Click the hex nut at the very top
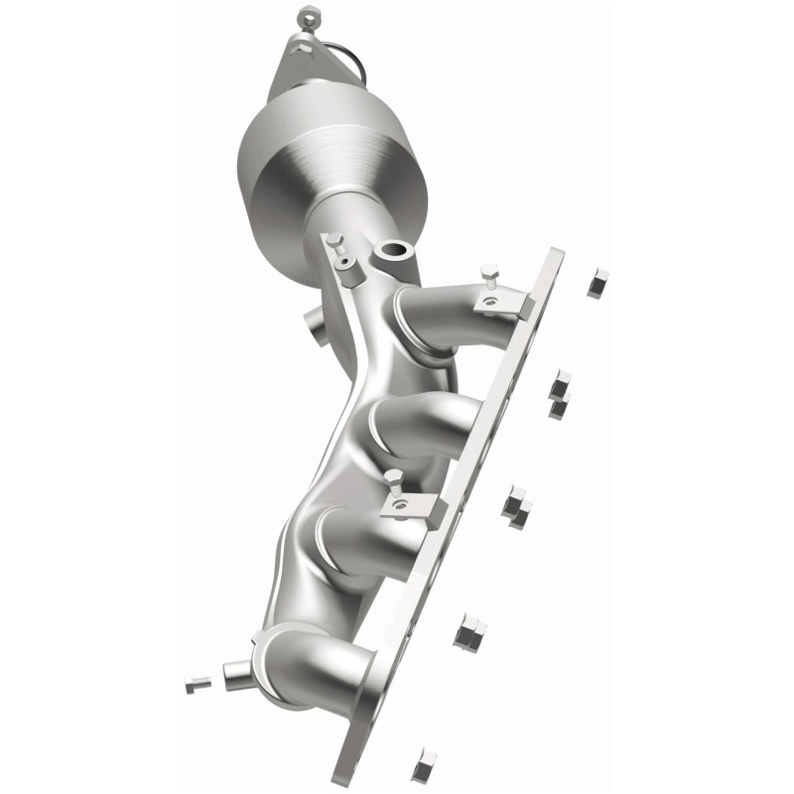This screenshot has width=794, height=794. click(307, 17)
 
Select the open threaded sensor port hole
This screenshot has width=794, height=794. click(394, 251)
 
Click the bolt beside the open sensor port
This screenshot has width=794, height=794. click(337, 248)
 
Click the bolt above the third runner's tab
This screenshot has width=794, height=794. click(394, 484)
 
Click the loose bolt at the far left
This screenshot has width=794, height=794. click(197, 684)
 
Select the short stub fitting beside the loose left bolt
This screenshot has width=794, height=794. click(238, 675)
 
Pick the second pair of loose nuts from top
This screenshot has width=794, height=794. click(561, 394)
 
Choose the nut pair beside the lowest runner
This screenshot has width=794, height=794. click(468, 632)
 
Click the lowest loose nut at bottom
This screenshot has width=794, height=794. click(424, 763)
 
